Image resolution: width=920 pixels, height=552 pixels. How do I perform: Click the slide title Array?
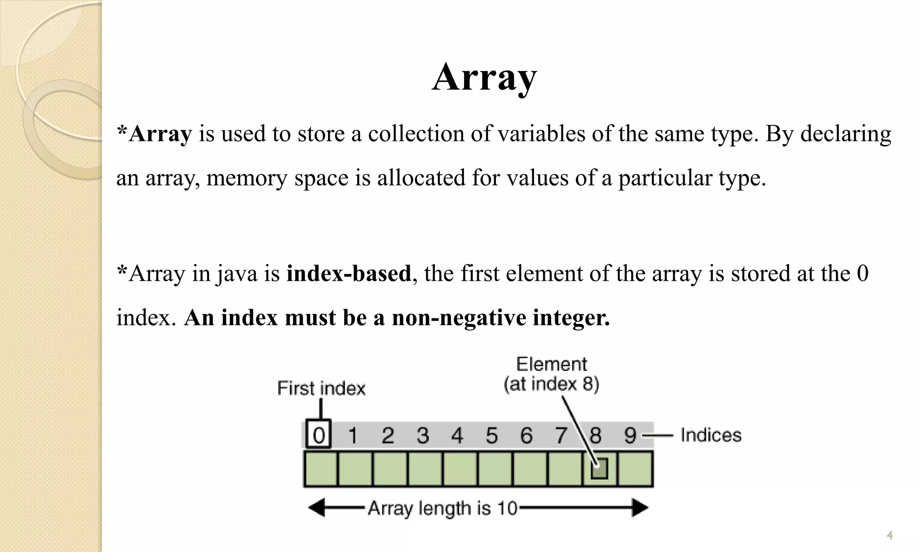(484, 77)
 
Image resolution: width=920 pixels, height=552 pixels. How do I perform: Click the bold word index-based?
(349, 274)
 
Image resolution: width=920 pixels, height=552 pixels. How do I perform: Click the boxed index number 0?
(318, 434)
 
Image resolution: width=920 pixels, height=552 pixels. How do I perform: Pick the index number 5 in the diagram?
(492, 435)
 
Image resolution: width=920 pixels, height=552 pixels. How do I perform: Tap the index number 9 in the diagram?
(630, 435)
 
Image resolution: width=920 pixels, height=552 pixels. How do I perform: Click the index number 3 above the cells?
(423, 435)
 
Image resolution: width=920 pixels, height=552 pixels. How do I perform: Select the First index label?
(321, 388)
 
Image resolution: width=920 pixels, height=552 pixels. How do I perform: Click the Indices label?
(711, 435)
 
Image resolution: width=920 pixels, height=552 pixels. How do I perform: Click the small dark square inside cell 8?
(599, 468)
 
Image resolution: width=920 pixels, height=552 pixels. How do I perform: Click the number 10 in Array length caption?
(507, 508)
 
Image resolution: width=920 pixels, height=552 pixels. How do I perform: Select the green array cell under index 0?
(321, 469)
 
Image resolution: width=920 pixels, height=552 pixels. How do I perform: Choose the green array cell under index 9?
(635, 469)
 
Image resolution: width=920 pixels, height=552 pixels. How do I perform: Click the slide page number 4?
(889, 535)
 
